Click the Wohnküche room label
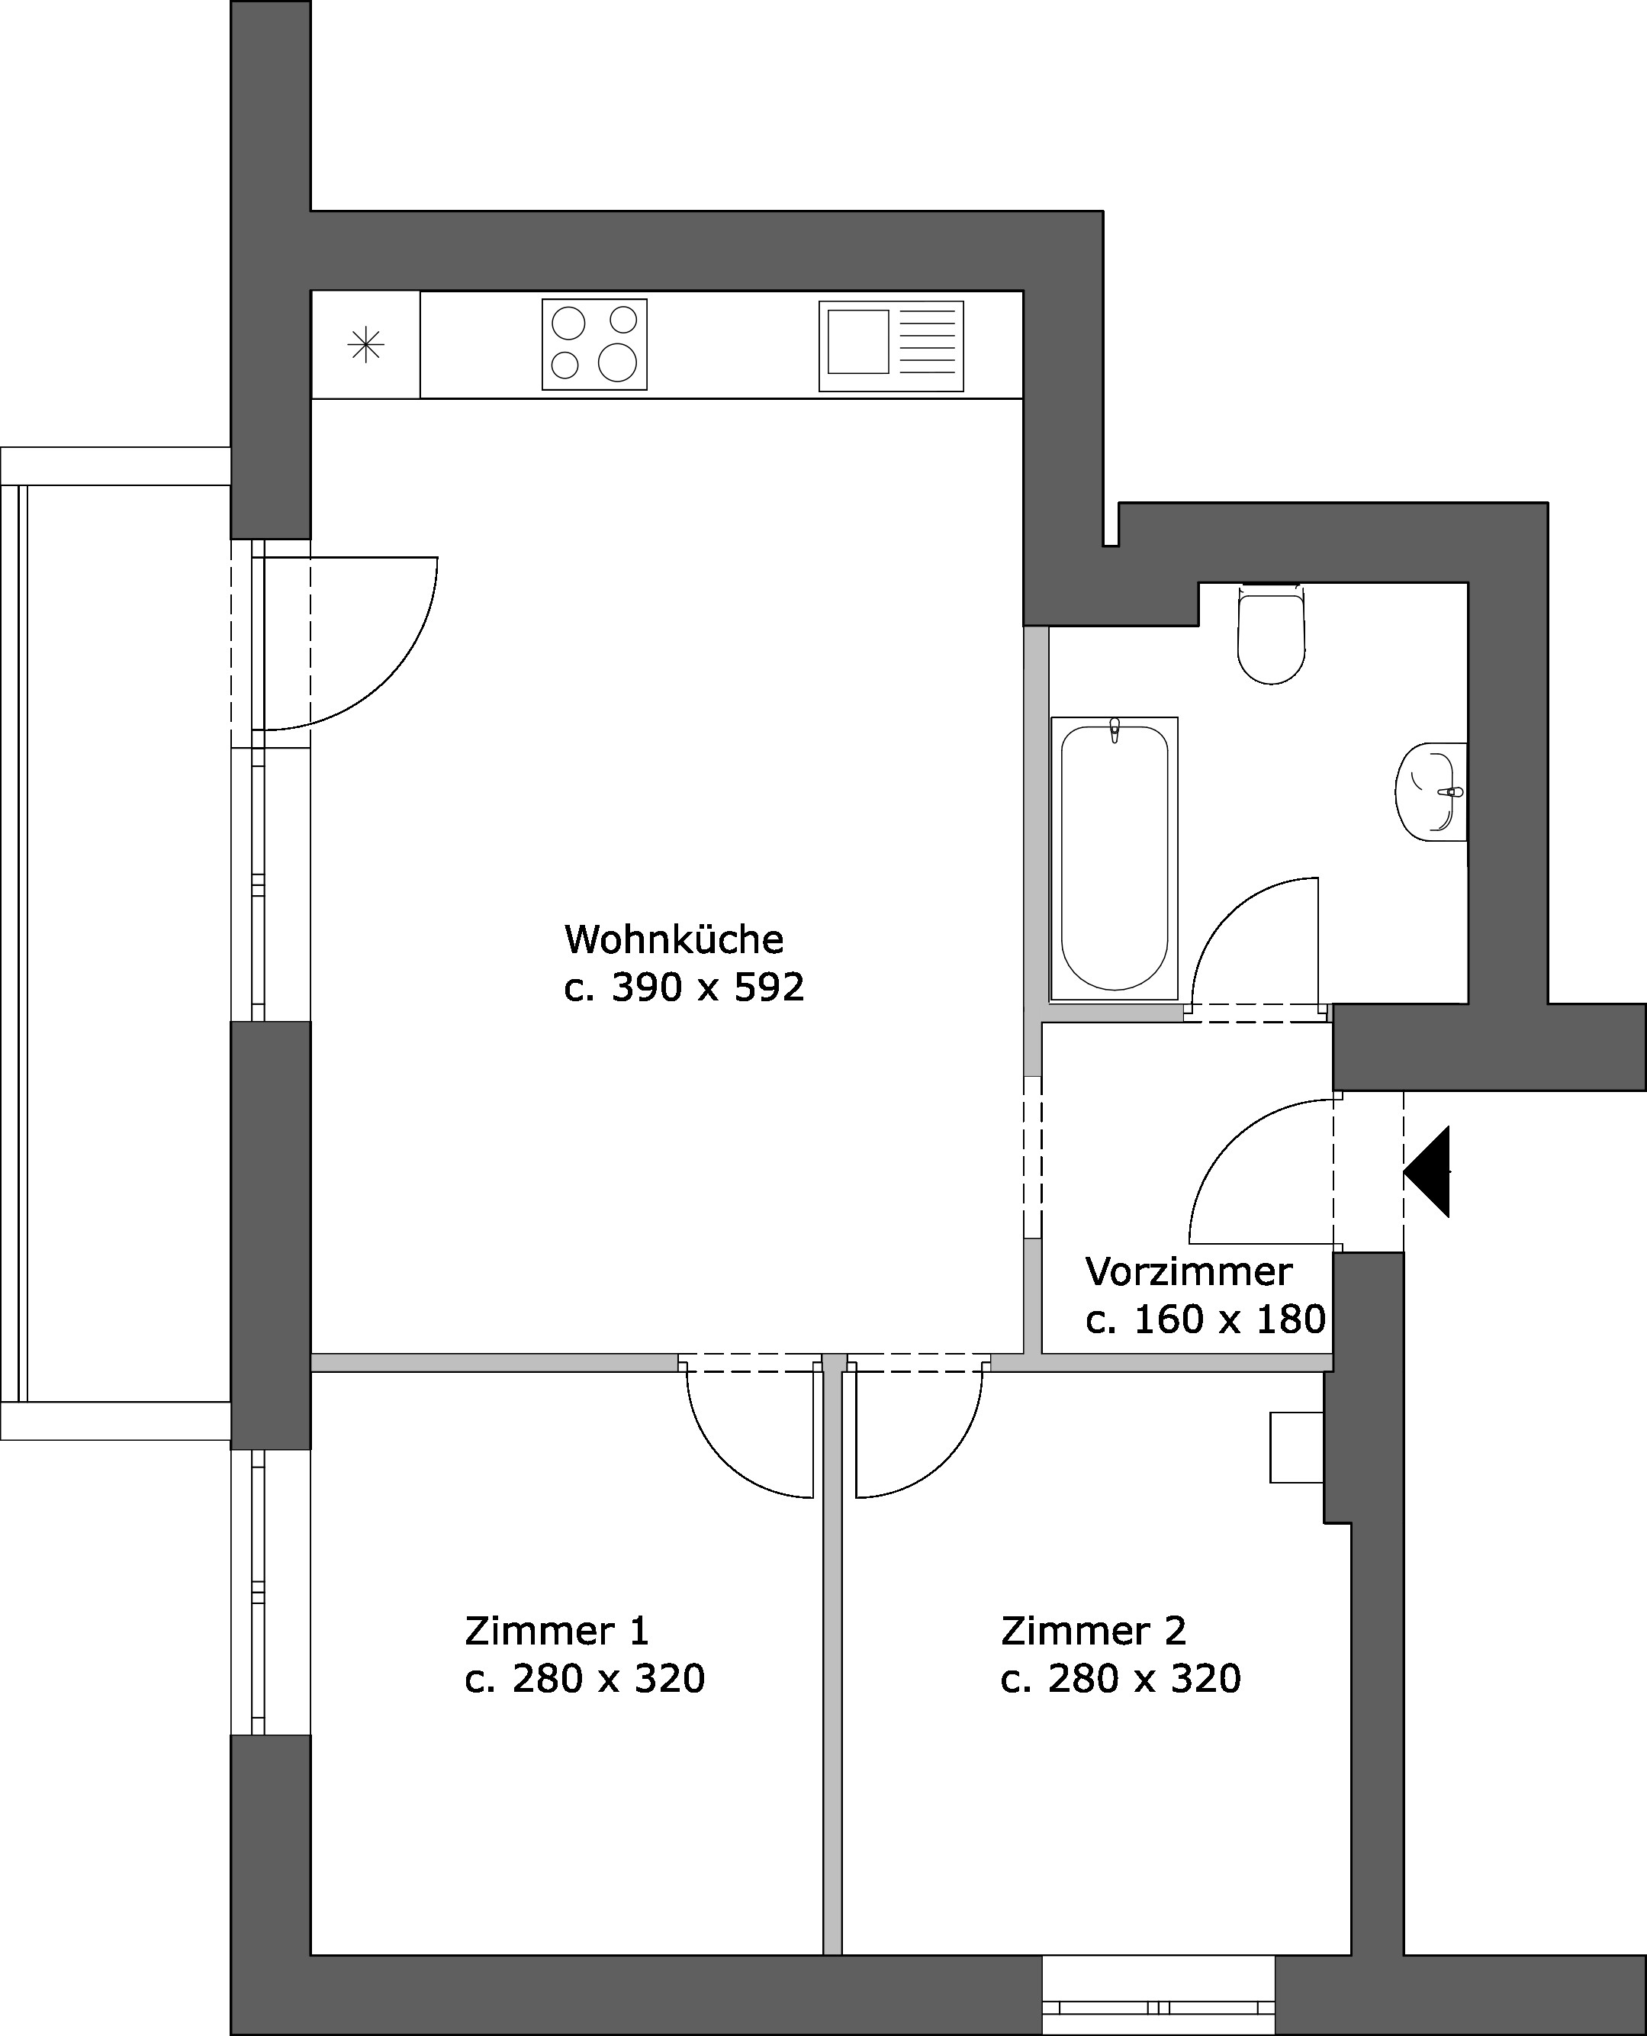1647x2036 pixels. pos(674,939)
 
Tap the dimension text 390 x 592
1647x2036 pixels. pos(708,988)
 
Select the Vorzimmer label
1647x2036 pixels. pos(1189,1271)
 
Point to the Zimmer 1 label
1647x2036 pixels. pos(557,1631)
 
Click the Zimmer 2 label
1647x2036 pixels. pos(1093,1631)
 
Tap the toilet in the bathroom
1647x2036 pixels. pos(1272,633)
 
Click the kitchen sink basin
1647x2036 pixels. pos(857,341)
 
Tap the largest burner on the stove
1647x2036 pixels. pos(618,362)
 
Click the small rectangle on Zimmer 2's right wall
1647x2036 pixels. pos(1297,1448)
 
